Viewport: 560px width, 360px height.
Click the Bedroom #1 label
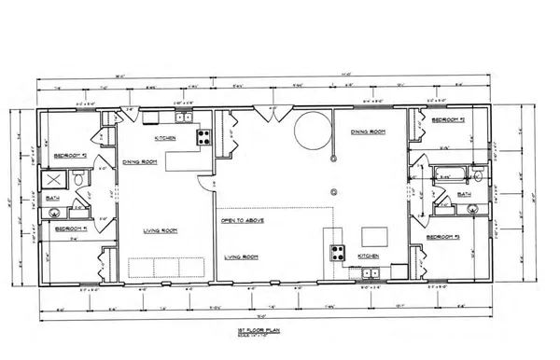point(72,228)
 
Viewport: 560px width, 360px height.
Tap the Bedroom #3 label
point(443,238)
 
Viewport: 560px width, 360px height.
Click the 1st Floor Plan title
point(280,329)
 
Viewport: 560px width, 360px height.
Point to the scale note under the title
point(280,335)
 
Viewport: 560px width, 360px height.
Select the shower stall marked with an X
point(57,180)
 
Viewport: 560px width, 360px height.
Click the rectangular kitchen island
point(376,233)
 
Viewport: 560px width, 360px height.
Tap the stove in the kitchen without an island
point(203,137)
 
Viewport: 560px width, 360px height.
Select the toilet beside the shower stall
point(80,178)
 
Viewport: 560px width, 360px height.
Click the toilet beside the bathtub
point(478,175)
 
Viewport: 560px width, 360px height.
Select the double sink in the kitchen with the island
point(370,273)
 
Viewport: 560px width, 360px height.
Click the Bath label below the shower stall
point(55,198)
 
